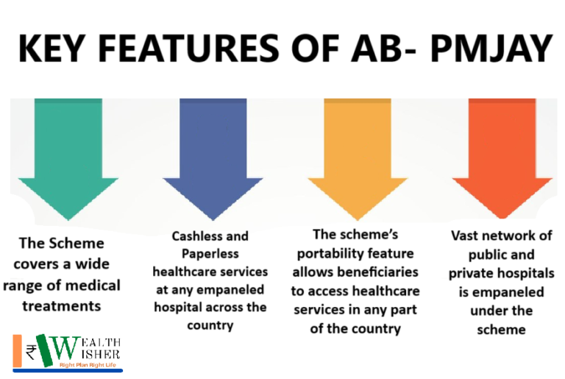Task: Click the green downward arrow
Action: pos(68,155)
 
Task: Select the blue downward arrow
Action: pos(213,155)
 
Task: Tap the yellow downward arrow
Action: pos(358,155)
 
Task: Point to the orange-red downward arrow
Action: pos(502,155)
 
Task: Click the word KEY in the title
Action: pos(51,49)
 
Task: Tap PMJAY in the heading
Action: pos(491,49)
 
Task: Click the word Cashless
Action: pos(193,236)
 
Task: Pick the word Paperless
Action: pos(210,254)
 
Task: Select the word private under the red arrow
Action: pos(472,274)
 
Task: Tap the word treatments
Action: pos(62,307)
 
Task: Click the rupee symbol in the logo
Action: pos(31,353)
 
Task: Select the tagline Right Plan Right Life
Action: pos(88,365)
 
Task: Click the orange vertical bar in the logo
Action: pos(17,351)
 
